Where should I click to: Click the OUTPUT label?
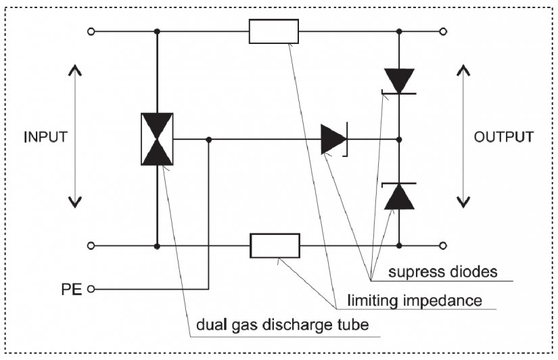point(503,136)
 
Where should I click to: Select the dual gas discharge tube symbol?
point(157,139)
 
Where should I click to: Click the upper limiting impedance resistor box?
point(274,31)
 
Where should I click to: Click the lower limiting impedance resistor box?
point(275,246)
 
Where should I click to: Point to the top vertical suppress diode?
point(398,80)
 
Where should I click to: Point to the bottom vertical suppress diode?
point(398,196)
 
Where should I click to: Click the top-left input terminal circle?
point(91,31)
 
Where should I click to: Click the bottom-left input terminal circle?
point(91,246)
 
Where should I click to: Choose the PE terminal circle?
point(90,290)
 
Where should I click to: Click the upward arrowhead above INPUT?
point(75,69)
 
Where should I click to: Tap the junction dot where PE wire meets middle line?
point(209,139)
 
